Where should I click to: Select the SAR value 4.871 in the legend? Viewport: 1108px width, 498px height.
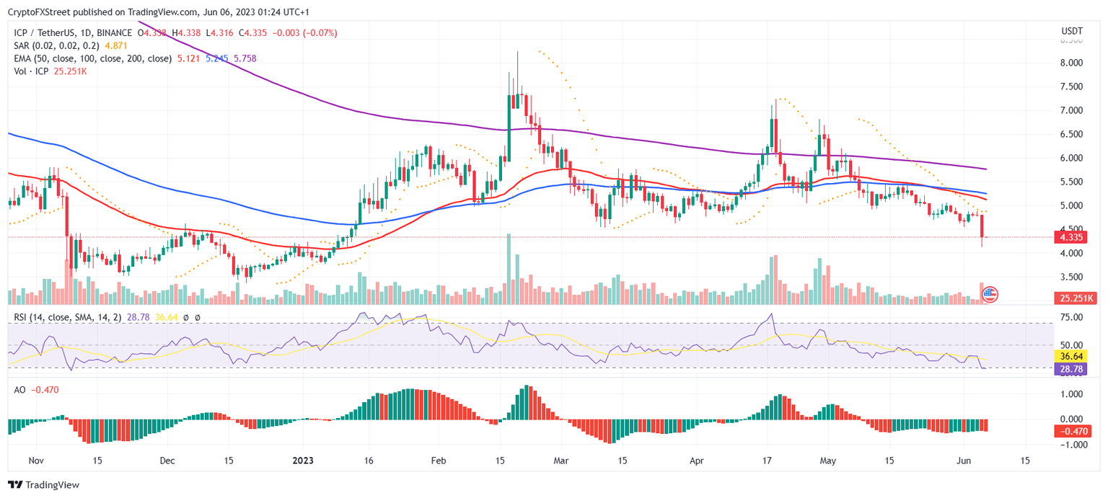tap(116, 45)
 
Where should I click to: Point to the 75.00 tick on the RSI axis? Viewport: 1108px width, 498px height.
tap(1070, 317)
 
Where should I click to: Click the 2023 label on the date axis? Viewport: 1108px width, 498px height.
tap(302, 461)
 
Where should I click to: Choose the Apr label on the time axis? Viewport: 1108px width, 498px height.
tap(697, 461)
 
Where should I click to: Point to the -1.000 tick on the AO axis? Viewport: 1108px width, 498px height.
tap(1070, 445)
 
